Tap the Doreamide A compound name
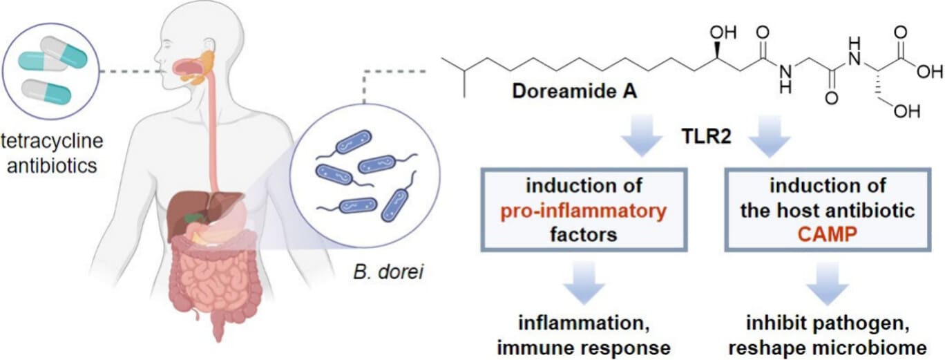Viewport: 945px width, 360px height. [560, 92]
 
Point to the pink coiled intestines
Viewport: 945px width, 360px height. [207, 276]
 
